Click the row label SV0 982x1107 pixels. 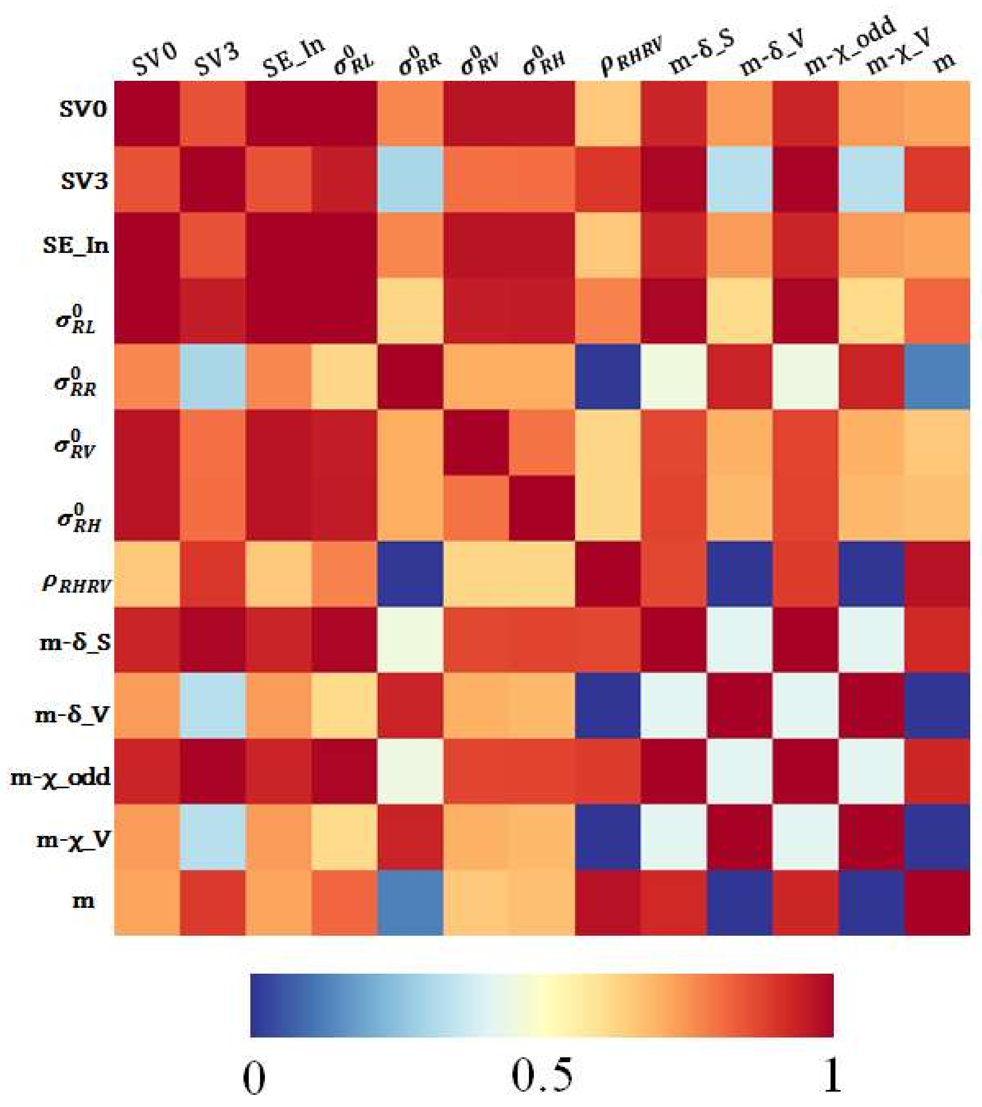pos(82,110)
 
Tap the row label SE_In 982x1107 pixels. pos(76,245)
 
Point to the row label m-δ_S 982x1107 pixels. pos(75,642)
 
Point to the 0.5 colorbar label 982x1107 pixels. pos(541,1075)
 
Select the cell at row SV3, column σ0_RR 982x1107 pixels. pos(410,179)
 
